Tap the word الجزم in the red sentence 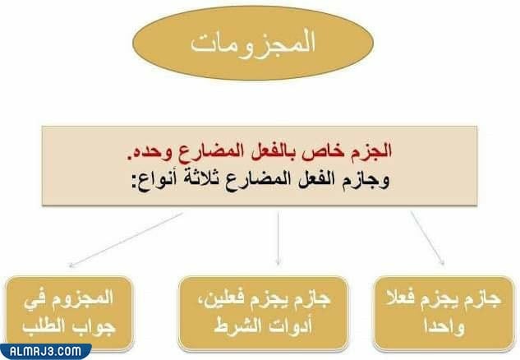coord(372,152)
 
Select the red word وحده coord(150,152)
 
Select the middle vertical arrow coord(279,238)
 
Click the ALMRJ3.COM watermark coord(45,351)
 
